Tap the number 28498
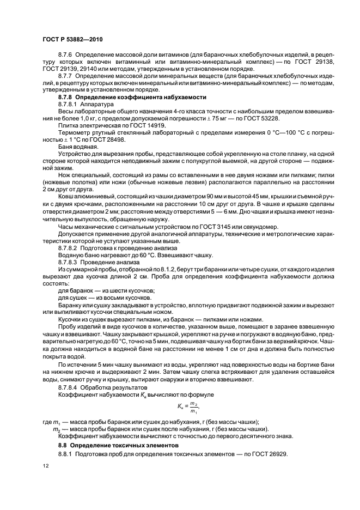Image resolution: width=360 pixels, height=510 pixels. [x=113, y=138]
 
